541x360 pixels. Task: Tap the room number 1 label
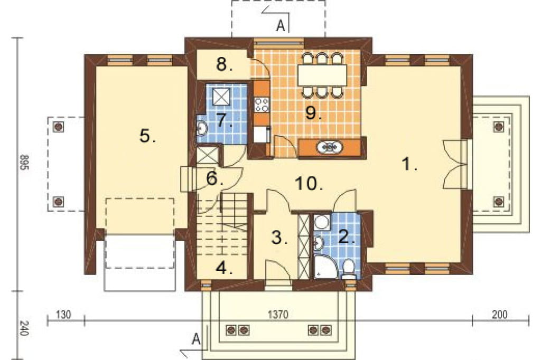[410, 164]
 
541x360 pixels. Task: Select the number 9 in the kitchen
[313, 113]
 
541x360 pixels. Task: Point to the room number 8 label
[224, 64]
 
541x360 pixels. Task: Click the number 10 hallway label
[310, 184]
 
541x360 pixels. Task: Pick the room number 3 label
[279, 238]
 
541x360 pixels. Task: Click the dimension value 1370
[278, 315]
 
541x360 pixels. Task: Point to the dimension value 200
[500, 314]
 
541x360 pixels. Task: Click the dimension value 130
[64, 315]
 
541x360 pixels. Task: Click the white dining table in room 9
[322, 75]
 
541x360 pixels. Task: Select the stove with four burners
[262, 105]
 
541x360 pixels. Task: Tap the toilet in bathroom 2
[349, 269]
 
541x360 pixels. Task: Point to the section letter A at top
[281, 25]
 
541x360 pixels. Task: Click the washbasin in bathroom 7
[201, 129]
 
